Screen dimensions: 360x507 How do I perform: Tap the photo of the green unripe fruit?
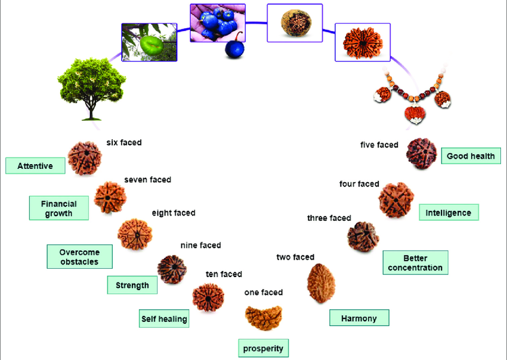149,42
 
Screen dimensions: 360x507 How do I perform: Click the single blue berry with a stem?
234,50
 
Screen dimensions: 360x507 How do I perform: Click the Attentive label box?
35,166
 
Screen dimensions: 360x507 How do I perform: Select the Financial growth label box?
58,208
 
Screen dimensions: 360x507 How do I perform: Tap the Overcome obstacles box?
79,257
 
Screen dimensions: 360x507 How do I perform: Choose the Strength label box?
132,285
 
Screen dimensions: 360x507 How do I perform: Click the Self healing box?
164,319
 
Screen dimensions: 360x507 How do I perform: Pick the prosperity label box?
263,347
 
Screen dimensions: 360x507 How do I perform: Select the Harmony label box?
359,318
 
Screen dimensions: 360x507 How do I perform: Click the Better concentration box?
415,263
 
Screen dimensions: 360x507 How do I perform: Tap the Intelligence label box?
449,213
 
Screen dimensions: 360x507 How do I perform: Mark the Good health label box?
471,156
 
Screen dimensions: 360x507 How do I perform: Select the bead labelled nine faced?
172,270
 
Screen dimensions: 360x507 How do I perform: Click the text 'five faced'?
379,145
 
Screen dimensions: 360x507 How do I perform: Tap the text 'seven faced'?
147,180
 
